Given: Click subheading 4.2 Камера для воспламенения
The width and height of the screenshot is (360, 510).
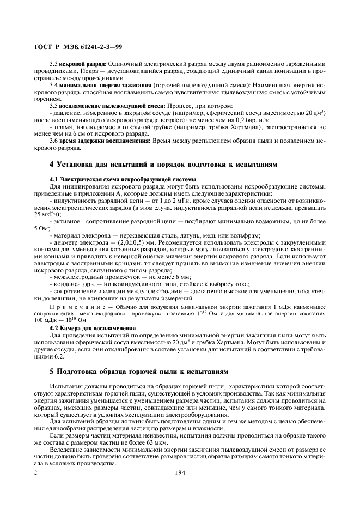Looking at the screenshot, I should coord(93,328).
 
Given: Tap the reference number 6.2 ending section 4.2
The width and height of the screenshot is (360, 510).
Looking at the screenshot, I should coord(58,356).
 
